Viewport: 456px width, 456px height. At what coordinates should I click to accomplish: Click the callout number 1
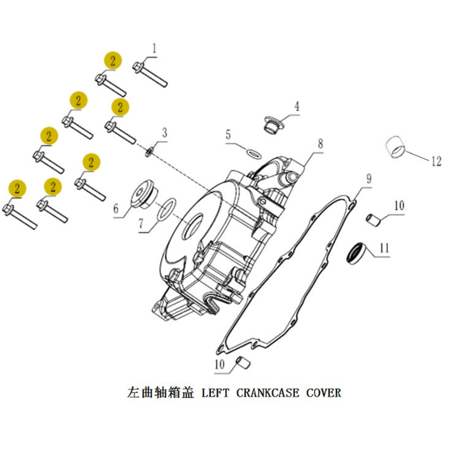[x=154, y=49]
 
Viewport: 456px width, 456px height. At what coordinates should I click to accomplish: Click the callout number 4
[x=297, y=106]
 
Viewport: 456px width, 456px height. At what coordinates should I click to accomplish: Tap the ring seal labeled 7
[x=167, y=209]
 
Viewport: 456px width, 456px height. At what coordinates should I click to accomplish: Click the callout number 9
[x=369, y=179]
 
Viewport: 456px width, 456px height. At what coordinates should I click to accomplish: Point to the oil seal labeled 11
[x=356, y=253]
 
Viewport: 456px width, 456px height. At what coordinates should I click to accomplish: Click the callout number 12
[x=437, y=161]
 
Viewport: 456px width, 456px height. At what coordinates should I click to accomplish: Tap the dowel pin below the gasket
[x=243, y=363]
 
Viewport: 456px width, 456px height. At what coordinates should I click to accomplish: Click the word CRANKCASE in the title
[x=267, y=393]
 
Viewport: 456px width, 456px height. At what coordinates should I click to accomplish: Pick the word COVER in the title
[x=324, y=393]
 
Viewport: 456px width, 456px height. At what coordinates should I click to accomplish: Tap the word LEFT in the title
[x=215, y=393]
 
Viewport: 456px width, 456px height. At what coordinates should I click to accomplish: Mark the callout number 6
[x=116, y=209]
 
